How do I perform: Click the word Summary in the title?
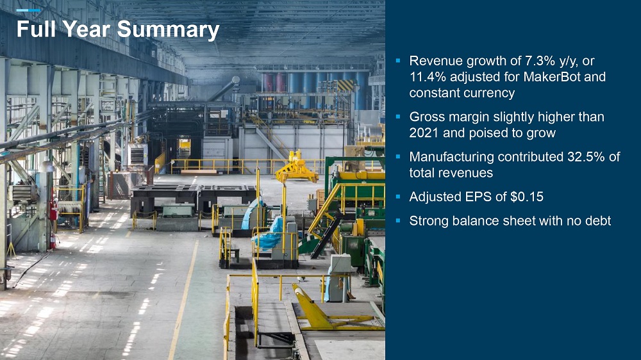tap(168, 30)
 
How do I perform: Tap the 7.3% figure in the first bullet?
tap(539, 61)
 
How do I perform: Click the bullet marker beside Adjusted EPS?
tap(398, 197)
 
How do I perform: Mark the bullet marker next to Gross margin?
tap(398, 117)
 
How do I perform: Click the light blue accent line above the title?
tap(28, 10)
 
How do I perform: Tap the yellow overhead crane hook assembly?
tap(297, 168)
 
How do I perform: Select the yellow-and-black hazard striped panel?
tap(346, 85)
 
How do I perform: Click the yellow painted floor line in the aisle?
tap(183, 300)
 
